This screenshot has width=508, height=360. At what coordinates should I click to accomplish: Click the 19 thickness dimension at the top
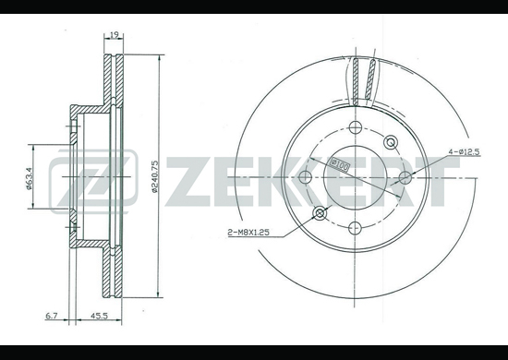pyautogui.click(x=114, y=34)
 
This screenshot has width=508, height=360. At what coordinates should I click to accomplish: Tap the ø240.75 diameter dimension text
pyautogui.click(x=154, y=176)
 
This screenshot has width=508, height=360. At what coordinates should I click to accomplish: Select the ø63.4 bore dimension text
pyautogui.click(x=29, y=178)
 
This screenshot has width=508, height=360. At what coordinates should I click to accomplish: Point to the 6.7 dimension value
pyautogui.click(x=51, y=316)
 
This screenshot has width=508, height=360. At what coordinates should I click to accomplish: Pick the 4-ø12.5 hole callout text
pyautogui.click(x=464, y=151)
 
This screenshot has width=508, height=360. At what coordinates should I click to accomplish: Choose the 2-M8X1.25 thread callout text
pyautogui.click(x=248, y=232)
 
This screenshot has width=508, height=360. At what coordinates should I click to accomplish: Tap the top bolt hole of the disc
pyautogui.click(x=356, y=126)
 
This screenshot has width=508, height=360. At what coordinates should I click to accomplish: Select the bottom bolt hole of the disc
pyautogui.click(x=355, y=228)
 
